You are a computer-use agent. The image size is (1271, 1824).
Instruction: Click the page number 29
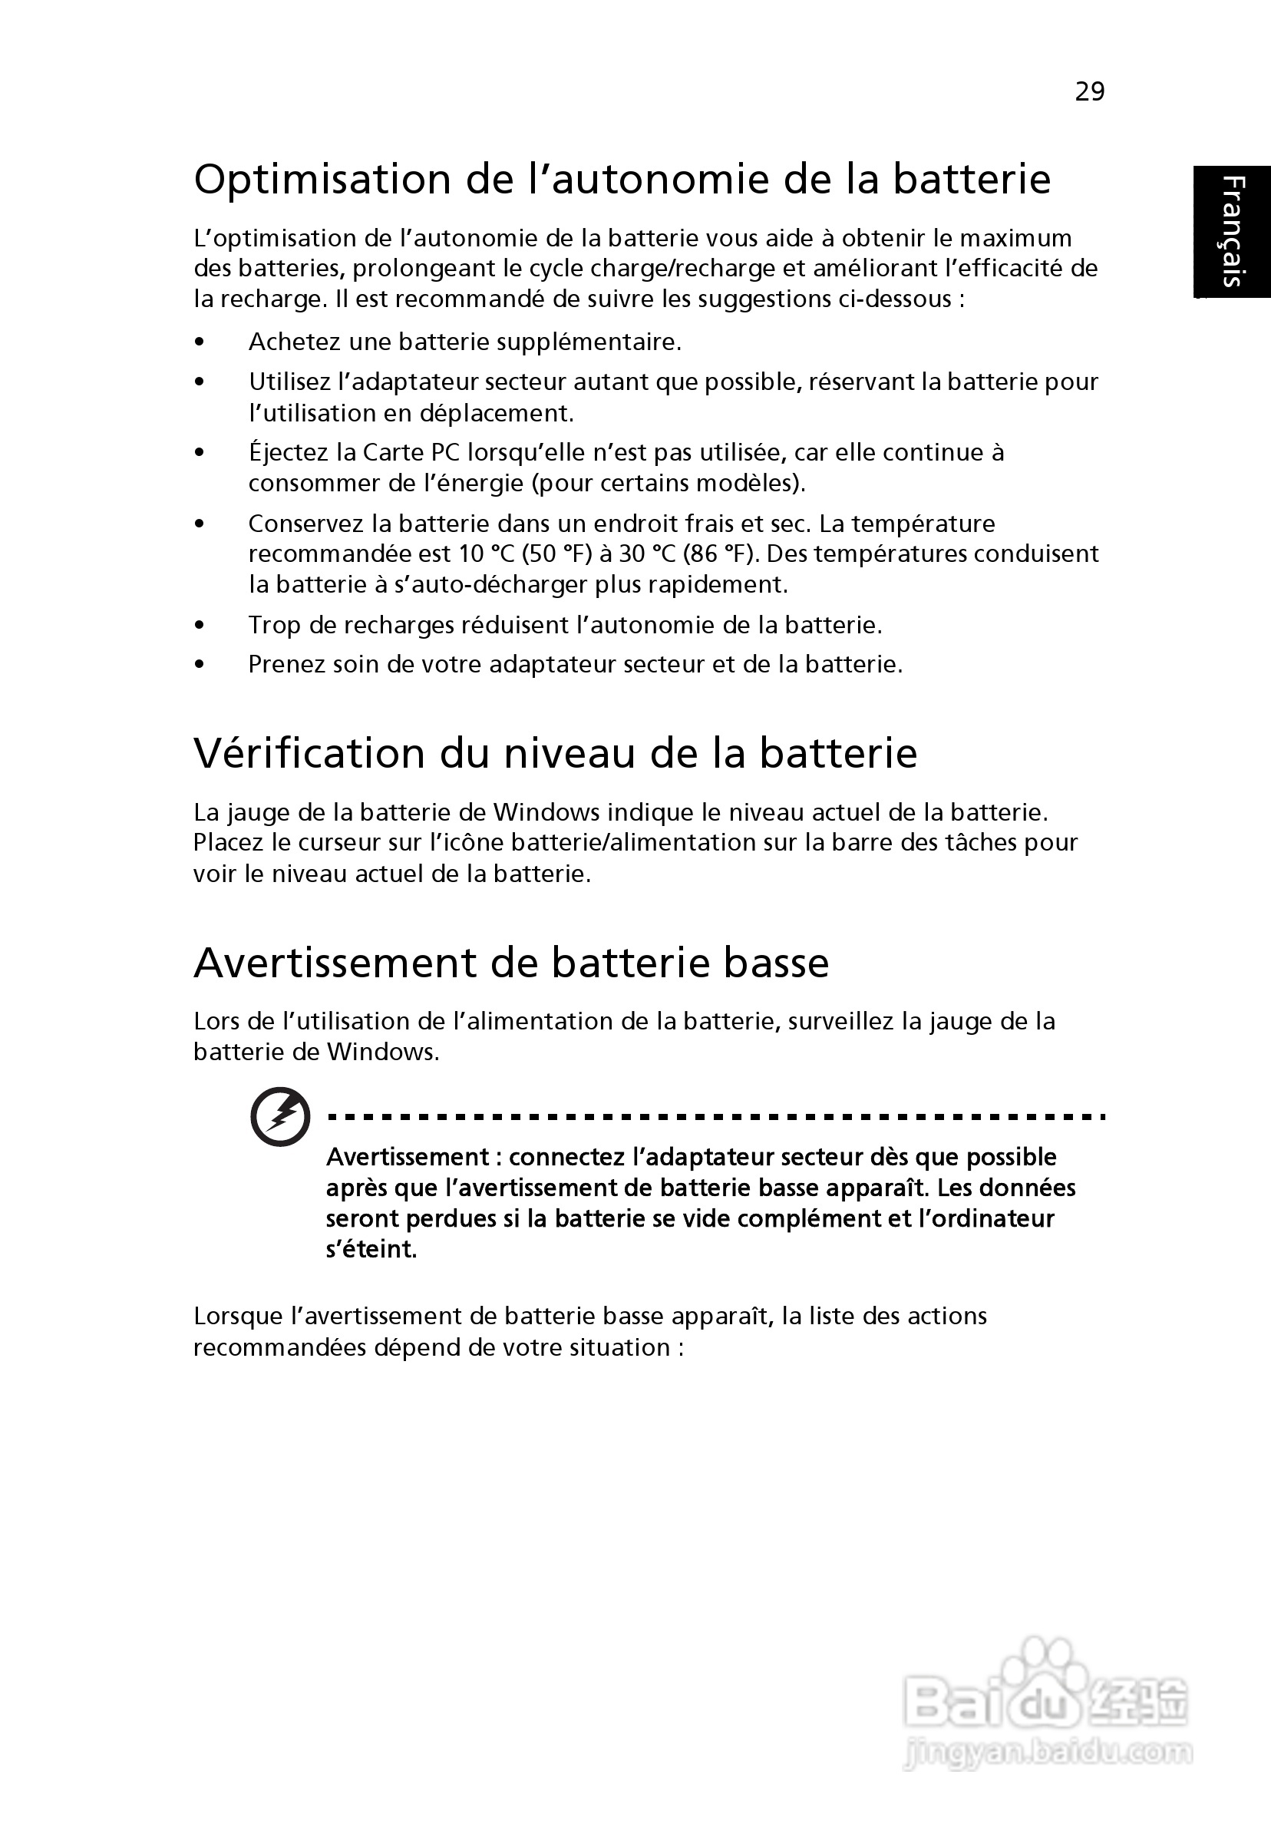[x=1089, y=92]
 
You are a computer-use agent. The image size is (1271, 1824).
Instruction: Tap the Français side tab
[x=1232, y=232]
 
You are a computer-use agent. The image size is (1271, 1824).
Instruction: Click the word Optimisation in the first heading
[x=323, y=180]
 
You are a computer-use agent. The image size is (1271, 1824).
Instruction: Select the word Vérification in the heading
[x=310, y=753]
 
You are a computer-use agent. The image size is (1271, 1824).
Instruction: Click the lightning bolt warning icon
[x=279, y=1116]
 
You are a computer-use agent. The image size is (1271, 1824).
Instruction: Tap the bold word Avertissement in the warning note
[x=408, y=1157]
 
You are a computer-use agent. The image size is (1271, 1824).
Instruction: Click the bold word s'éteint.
[x=371, y=1250]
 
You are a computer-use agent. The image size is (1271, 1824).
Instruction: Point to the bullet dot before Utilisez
[x=200, y=382]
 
